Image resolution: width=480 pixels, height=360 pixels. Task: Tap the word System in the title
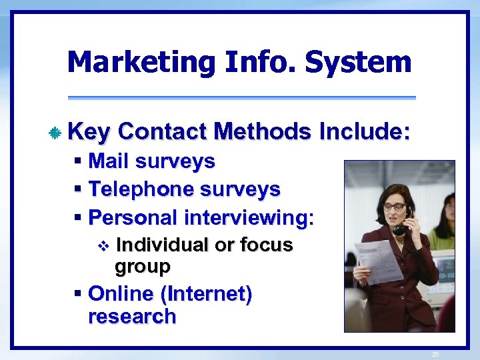coord(358,63)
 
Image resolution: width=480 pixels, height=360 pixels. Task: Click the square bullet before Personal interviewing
coord(79,218)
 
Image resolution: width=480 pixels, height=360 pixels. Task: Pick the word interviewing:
coord(249,218)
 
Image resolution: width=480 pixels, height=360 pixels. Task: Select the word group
coord(143,267)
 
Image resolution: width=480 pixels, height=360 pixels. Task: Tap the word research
coord(131,316)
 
